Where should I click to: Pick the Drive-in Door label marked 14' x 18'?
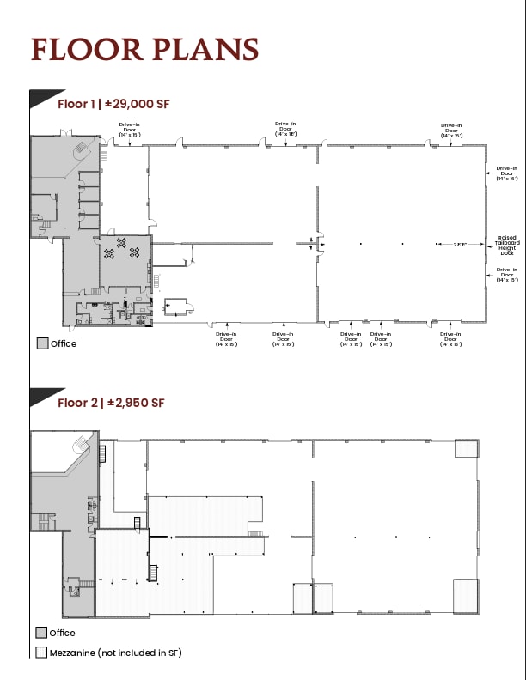point(286,130)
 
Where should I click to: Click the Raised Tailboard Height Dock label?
point(507,246)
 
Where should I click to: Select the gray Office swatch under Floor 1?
point(42,343)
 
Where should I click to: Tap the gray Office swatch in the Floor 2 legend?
point(42,633)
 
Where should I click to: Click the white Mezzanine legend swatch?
point(42,653)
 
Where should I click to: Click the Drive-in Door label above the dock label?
point(507,173)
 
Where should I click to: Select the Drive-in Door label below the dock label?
point(507,275)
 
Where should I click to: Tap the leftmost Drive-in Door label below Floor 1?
point(227,338)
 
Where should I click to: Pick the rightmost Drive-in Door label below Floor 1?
point(451,338)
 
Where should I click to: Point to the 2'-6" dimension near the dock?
point(460,245)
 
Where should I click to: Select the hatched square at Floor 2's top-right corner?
point(467,448)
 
